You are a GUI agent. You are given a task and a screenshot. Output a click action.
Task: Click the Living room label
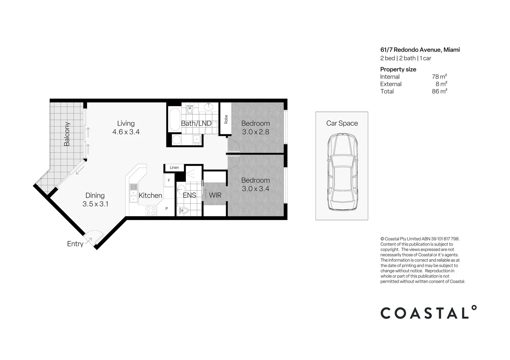(126, 123)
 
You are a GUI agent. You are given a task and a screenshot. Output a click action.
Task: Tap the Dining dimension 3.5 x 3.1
(95, 204)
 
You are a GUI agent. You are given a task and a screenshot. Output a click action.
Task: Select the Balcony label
(67, 134)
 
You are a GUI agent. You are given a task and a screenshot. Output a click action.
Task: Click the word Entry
(75, 244)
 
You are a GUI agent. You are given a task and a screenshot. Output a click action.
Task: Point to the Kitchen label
(150, 195)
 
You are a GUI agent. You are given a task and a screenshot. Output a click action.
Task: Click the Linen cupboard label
(174, 168)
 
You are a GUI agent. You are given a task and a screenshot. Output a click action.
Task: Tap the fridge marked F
(169, 180)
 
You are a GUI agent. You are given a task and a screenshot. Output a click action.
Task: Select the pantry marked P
(167, 209)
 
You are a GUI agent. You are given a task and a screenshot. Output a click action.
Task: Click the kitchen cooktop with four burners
(151, 210)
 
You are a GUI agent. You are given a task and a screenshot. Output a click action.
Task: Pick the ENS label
(189, 195)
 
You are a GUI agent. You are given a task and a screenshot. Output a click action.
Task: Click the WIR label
(215, 195)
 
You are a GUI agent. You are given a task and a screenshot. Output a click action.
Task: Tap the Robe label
(226, 119)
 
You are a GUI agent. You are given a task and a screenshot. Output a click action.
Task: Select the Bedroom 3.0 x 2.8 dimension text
(256, 132)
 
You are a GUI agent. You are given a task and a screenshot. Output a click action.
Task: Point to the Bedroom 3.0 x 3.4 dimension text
(256, 189)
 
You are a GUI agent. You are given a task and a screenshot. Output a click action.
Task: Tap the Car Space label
(342, 123)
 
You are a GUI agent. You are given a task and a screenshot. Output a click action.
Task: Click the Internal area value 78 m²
(439, 77)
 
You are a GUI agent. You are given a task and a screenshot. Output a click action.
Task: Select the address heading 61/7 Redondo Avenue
(420, 50)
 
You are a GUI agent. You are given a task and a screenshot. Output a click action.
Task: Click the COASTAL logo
(428, 313)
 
